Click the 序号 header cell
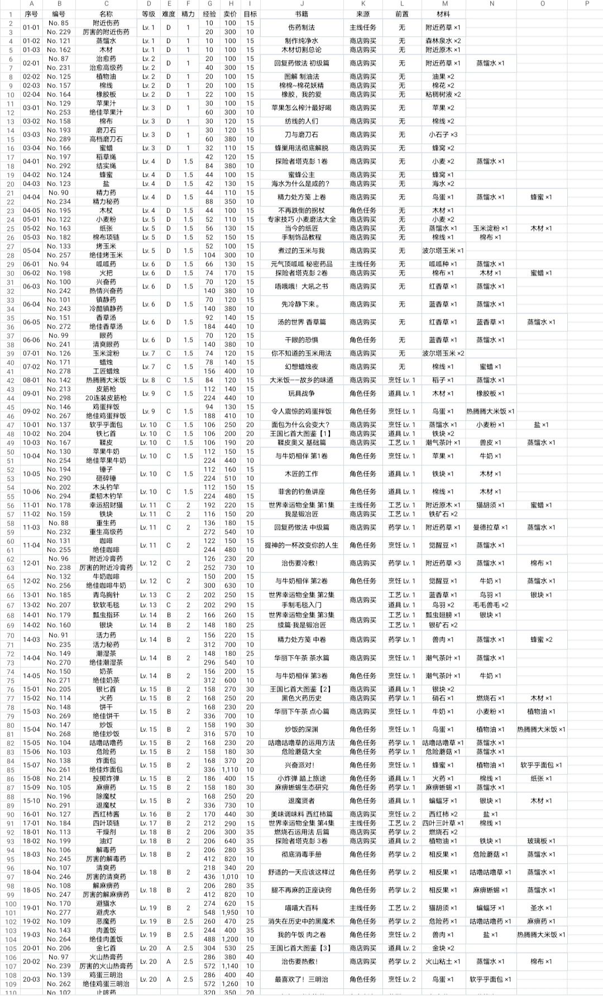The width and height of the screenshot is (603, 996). [x=31, y=14]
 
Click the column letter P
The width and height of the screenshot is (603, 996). [x=587, y=4]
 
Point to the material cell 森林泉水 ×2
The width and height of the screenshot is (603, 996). [x=443, y=41]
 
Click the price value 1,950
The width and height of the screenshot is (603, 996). [x=230, y=912]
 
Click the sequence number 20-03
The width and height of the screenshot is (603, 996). [x=31, y=979]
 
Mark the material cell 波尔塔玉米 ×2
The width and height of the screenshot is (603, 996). [x=443, y=353]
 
